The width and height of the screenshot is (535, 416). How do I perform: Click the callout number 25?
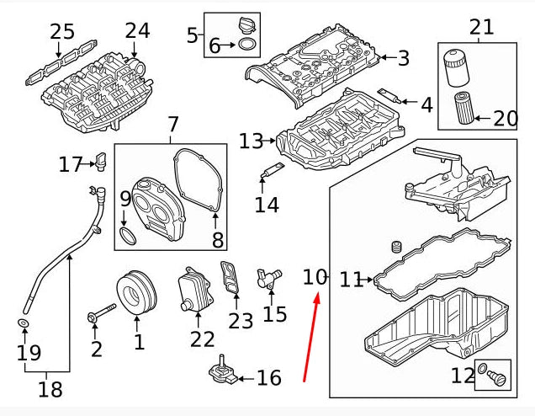point(61,32)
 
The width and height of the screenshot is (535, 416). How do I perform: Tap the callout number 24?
point(137,32)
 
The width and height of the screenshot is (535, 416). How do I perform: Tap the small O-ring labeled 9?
point(127,237)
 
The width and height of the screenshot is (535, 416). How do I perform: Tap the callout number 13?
point(251,141)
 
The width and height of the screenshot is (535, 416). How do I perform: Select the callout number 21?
point(482,27)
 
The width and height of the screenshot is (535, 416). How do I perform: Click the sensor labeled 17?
point(102,161)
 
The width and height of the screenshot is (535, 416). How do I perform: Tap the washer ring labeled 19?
point(24,323)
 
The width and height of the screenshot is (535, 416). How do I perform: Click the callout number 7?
point(172,125)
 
